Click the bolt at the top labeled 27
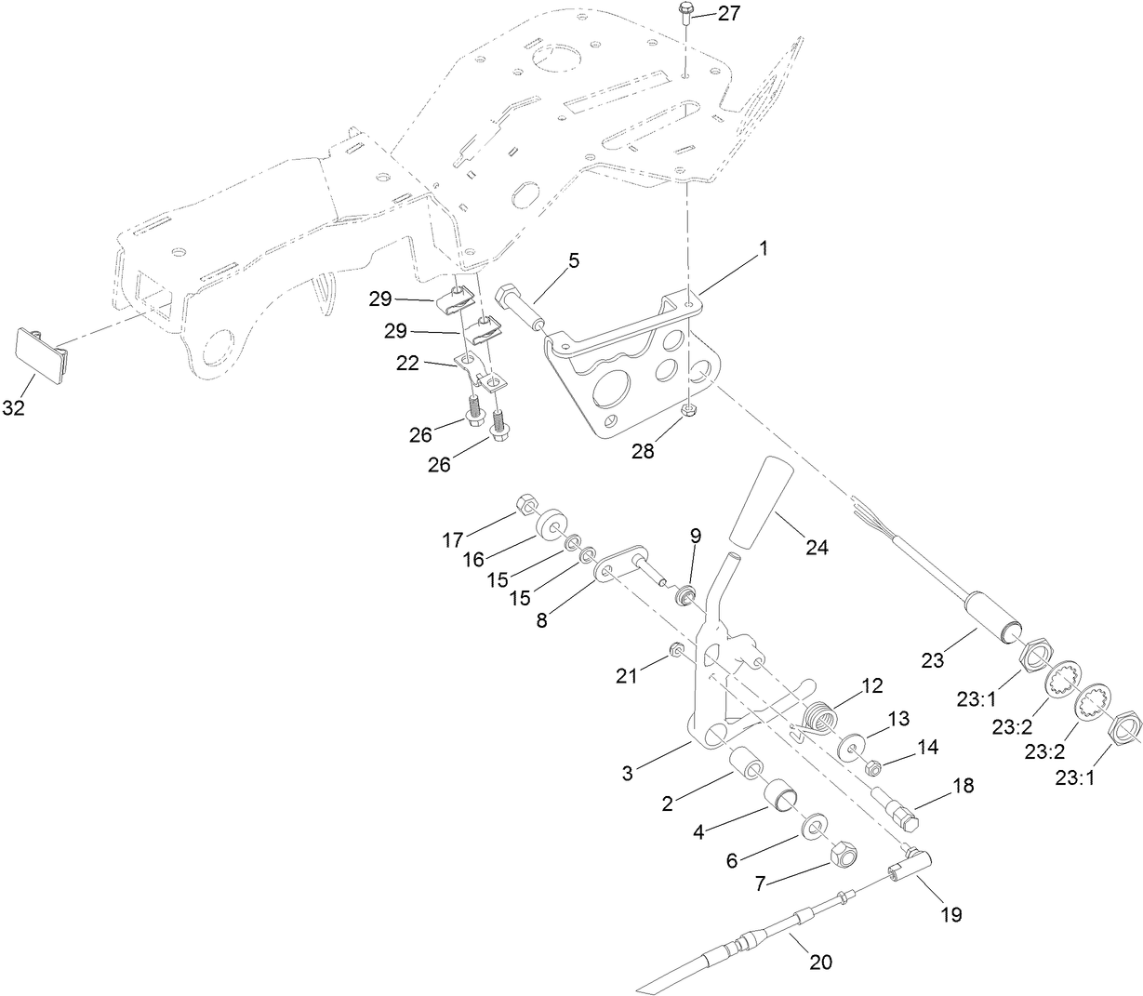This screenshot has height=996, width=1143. click(x=684, y=12)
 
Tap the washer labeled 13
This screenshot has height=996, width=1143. click(x=851, y=748)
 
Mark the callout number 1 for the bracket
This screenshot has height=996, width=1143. click(x=763, y=249)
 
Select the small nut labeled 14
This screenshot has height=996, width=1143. click(x=874, y=769)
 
